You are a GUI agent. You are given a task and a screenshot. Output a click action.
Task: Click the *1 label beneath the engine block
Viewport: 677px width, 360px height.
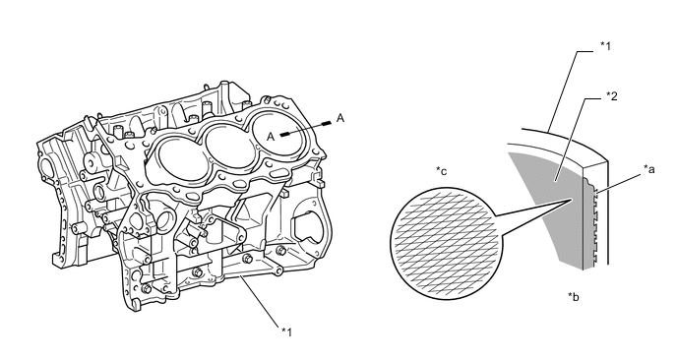286,331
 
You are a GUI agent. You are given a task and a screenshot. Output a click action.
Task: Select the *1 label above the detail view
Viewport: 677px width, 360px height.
606,46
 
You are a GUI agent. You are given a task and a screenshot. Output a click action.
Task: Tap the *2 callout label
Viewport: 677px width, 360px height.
611,95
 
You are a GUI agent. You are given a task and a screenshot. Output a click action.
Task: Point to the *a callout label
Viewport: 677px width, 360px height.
648,169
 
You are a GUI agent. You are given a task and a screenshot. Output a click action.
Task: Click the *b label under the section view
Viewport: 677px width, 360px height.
574,296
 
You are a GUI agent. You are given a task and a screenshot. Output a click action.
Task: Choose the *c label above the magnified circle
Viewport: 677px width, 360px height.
441,171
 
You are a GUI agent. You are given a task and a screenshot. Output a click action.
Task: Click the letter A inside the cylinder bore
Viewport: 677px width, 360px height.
271,137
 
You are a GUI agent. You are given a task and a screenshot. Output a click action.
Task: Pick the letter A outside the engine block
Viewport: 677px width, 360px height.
340,118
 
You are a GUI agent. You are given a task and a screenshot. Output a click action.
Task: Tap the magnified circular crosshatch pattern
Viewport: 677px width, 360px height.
447,243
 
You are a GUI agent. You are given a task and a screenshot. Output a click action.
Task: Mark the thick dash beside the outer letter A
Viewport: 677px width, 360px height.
327,123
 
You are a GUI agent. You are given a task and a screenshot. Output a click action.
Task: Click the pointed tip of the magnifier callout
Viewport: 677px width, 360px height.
573,199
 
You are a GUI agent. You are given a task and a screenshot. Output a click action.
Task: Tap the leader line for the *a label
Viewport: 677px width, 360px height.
618,181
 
